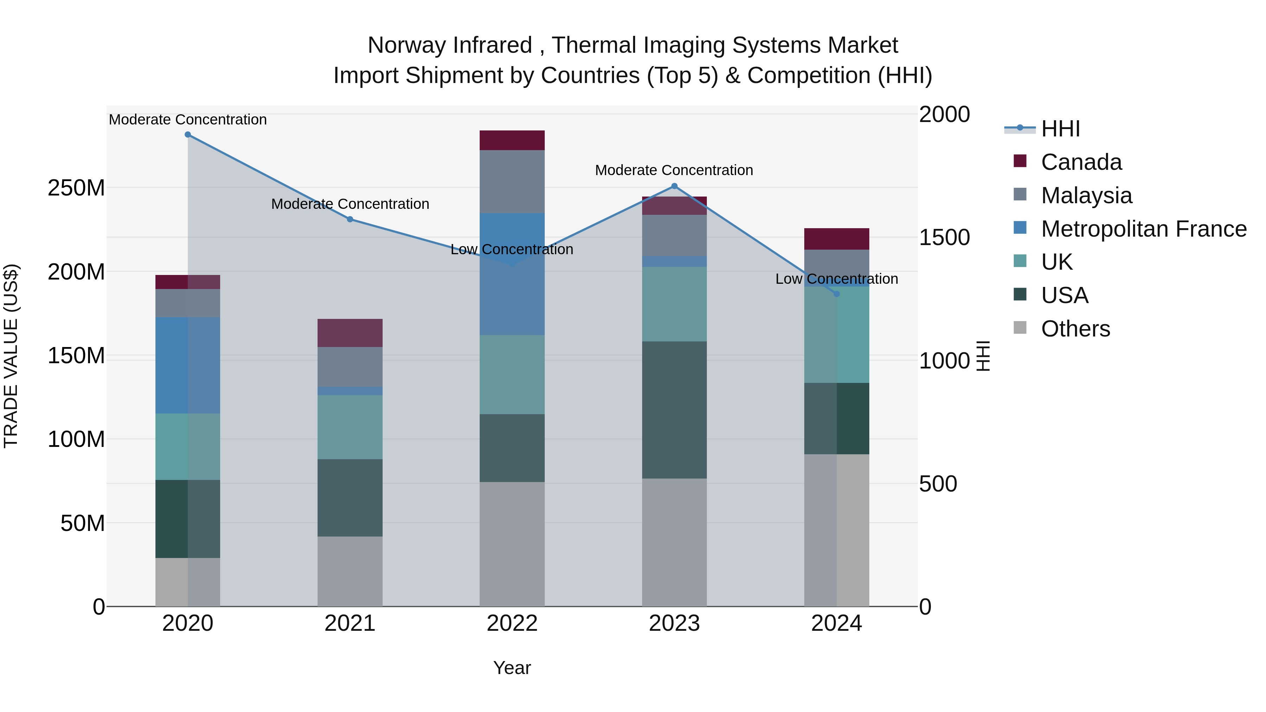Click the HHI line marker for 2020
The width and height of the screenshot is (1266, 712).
(x=188, y=135)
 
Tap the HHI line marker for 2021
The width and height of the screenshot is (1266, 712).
(x=350, y=219)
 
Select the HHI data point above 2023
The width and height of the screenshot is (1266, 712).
(x=674, y=186)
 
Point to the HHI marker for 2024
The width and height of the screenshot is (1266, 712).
(x=837, y=294)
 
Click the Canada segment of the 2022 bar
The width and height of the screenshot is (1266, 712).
(x=512, y=141)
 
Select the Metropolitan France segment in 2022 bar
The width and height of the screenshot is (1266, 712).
(x=512, y=274)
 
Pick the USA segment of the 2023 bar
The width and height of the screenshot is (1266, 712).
(x=674, y=410)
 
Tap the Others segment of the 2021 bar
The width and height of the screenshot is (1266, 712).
(x=350, y=571)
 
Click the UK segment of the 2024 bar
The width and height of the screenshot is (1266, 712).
(x=837, y=334)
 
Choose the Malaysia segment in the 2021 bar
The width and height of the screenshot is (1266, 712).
(x=350, y=367)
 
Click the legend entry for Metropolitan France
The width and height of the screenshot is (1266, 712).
(x=1143, y=229)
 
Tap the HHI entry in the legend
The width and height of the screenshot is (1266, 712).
(x=1060, y=129)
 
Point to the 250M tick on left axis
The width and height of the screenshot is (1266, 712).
(x=76, y=188)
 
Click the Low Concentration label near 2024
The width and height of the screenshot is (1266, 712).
(x=837, y=279)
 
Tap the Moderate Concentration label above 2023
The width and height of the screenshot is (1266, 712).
(x=674, y=171)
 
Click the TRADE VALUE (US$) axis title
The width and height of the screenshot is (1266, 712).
(x=11, y=356)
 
